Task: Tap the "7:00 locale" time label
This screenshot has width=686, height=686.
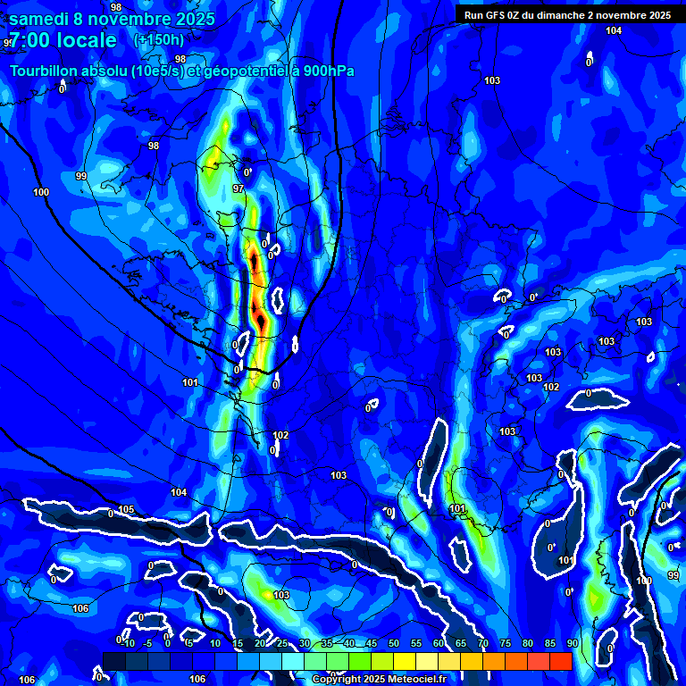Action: click(x=63, y=40)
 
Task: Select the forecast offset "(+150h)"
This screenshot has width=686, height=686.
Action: click(x=159, y=40)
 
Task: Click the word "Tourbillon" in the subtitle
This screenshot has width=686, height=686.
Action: click(x=45, y=71)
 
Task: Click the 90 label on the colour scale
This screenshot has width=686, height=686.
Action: click(x=572, y=643)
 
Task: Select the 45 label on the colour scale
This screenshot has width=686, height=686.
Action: click(x=371, y=643)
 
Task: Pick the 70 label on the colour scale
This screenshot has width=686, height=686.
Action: click(x=482, y=643)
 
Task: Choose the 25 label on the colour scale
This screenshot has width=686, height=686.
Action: click(x=281, y=643)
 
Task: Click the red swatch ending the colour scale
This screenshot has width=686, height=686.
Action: click(x=560, y=661)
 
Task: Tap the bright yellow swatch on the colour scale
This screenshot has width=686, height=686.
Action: click(x=404, y=661)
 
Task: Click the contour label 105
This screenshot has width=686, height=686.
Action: click(x=126, y=510)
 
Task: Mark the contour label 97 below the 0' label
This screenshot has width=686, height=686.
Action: click(x=238, y=188)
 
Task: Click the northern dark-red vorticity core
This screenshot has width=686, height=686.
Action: click(x=255, y=262)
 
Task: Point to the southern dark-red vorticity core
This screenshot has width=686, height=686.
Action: click(x=260, y=315)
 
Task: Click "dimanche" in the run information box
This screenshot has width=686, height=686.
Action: click(x=567, y=14)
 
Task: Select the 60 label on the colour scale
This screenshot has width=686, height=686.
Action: click(x=438, y=643)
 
